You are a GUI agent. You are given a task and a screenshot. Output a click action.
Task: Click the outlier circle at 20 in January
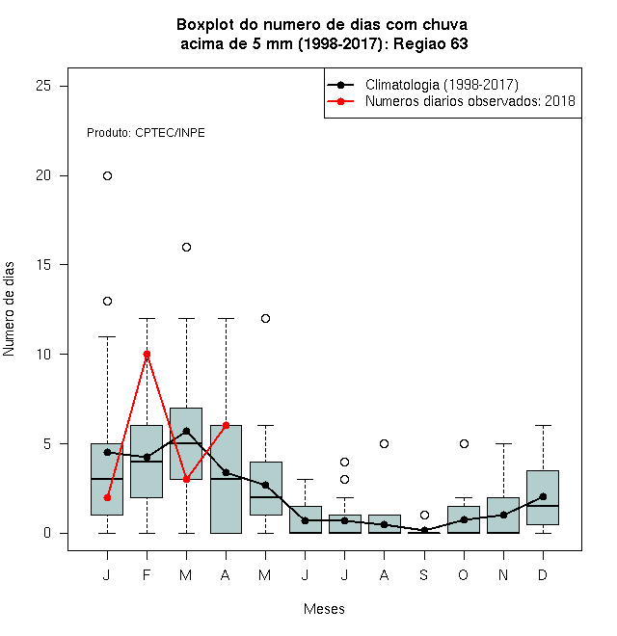click(x=107, y=175)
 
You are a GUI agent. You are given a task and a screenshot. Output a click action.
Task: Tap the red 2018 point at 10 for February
click(x=147, y=354)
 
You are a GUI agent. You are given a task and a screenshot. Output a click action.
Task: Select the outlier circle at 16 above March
click(x=186, y=247)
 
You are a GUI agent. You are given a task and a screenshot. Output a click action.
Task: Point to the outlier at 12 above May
click(x=265, y=318)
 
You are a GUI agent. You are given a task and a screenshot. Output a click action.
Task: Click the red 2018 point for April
click(x=227, y=426)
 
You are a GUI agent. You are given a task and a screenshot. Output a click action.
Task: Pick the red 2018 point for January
click(x=107, y=497)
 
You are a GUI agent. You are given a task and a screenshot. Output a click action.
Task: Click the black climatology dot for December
click(x=543, y=496)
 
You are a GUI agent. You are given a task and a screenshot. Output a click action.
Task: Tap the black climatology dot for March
click(x=186, y=431)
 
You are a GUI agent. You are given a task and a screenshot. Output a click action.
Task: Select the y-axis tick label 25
click(x=43, y=86)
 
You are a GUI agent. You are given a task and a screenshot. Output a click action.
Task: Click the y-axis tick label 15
click(x=43, y=264)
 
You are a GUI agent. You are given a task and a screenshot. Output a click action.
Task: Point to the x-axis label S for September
click(x=424, y=574)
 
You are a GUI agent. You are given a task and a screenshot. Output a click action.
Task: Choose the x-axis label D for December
click(x=543, y=574)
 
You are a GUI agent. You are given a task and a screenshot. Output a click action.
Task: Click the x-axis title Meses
click(x=324, y=609)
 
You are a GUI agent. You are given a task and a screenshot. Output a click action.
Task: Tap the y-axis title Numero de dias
click(x=9, y=309)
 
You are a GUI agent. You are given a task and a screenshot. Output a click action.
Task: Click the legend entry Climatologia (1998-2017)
click(x=442, y=85)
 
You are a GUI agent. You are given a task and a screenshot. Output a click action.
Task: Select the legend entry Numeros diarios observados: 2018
click(x=470, y=101)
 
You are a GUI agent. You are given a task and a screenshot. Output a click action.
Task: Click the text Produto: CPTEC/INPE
click(x=146, y=133)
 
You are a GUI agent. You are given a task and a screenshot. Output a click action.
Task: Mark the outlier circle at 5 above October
click(x=464, y=443)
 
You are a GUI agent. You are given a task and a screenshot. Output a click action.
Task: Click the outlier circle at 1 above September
click(x=424, y=516)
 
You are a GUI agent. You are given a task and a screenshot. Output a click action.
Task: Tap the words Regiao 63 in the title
click(x=430, y=43)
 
